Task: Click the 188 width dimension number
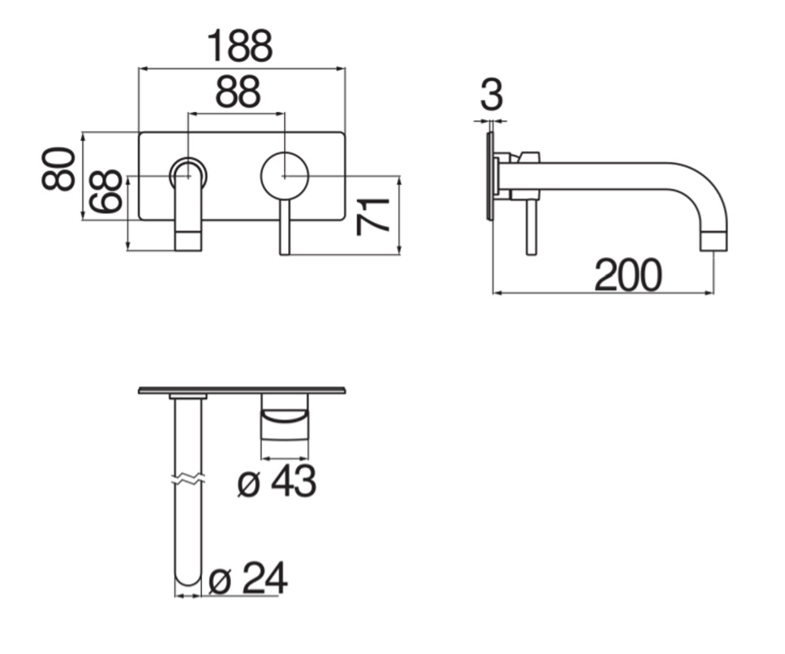point(239,46)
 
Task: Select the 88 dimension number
point(237,92)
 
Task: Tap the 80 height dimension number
point(58,169)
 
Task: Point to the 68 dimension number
point(105,192)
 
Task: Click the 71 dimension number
point(372,217)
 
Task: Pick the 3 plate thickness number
point(491,95)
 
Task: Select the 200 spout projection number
point(628,275)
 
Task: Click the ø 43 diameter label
point(277,481)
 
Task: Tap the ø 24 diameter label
point(248,579)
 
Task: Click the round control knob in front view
point(285,175)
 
